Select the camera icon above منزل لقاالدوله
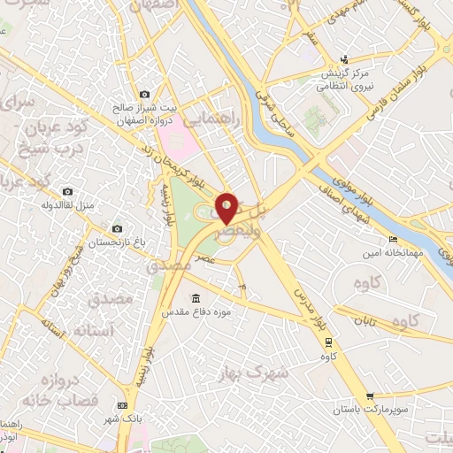[x=67, y=192]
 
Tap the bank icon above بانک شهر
[x=121, y=404]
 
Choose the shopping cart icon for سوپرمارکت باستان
[x=370, y=396]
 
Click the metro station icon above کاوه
[x=329, y=342]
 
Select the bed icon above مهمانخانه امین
[x=393, y=240]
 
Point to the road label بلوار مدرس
[x=305, y=308]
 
